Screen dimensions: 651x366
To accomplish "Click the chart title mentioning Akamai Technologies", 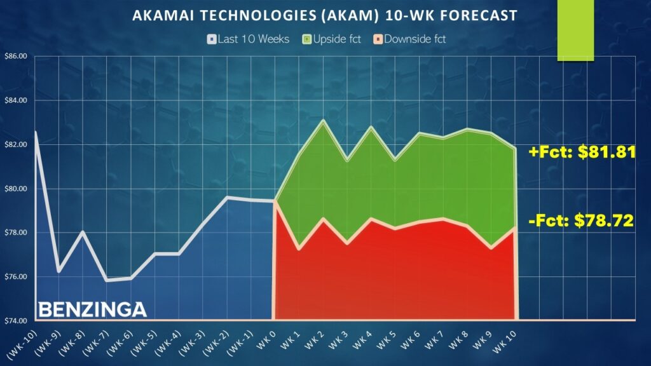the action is (325, 16).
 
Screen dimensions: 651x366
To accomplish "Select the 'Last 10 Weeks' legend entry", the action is (249, 39).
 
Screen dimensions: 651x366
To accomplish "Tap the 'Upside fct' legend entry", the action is (332, 39).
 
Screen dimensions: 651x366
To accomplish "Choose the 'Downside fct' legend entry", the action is (410, 39).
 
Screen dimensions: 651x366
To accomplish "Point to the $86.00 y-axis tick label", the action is (16, 57).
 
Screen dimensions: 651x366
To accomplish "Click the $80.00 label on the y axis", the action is (16, 189).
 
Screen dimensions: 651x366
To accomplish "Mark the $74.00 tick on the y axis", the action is (16, 321).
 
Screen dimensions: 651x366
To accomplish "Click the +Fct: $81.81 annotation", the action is (582, 152).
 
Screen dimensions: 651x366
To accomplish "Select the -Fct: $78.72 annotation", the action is (581, 220).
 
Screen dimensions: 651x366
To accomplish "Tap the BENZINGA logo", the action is (92, 309).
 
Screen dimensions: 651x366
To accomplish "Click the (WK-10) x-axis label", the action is (22, 344).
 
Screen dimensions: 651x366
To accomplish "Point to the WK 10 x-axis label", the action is (504, 341).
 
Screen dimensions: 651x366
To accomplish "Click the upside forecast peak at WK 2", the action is (323, 120).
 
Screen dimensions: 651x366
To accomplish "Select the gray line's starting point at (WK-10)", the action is (36, 132).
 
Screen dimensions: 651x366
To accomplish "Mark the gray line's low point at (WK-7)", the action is (107, 280).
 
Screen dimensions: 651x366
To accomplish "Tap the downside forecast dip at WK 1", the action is (299, 249).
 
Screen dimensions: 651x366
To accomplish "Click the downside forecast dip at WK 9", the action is (491, 248).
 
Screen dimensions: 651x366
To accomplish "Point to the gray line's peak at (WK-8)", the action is (83, 231).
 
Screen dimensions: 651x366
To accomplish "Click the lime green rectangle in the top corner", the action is (575, 30).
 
